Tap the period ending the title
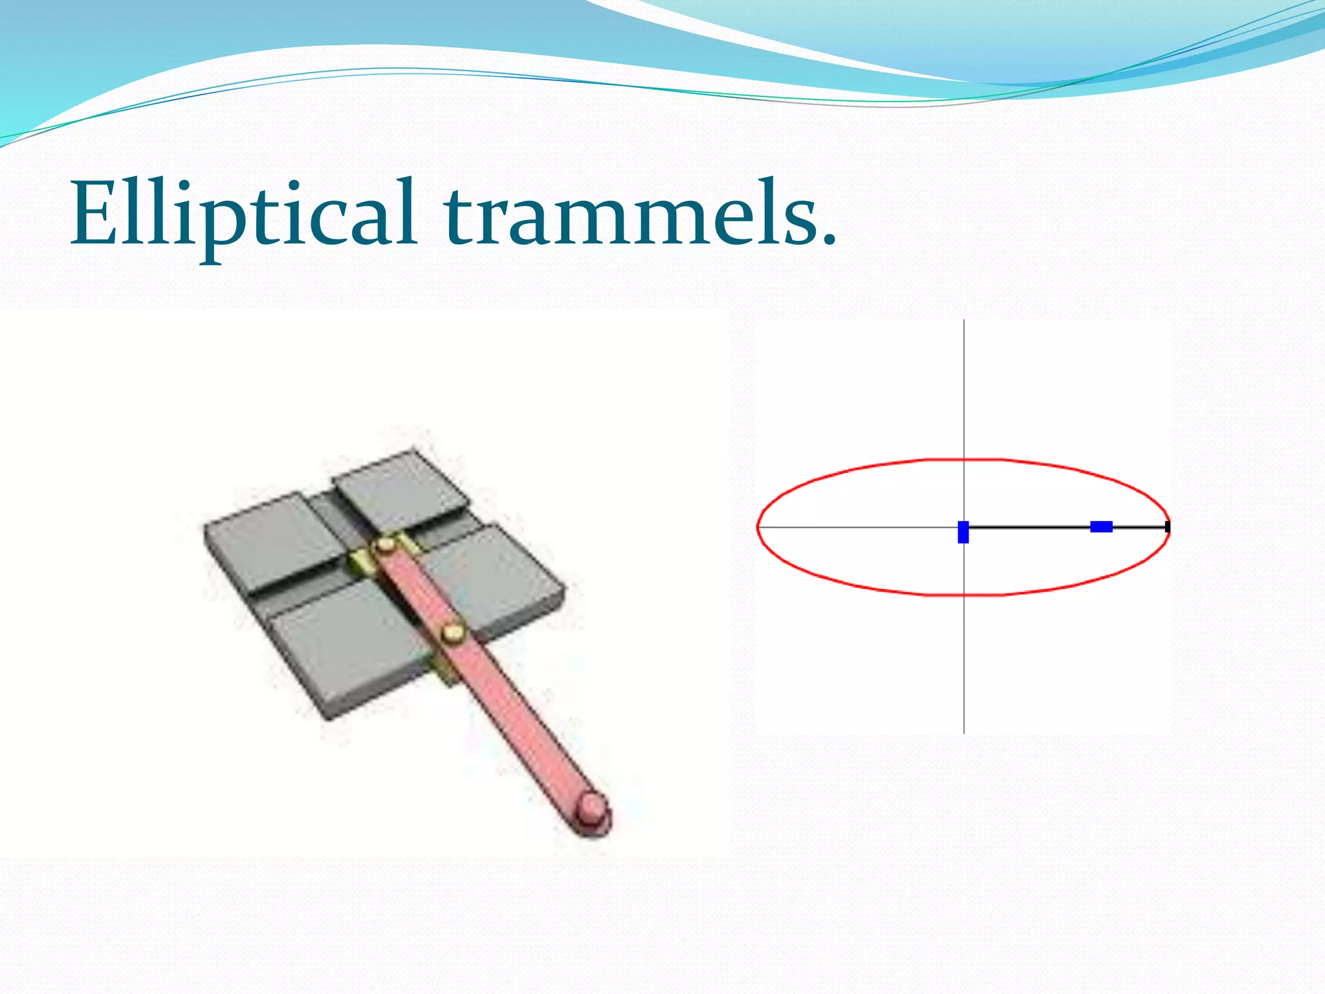pos(828,240)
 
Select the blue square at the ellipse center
pos(963,531)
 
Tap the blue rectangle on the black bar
pos(1101,527)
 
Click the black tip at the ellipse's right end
pos(1167,527)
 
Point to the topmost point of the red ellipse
pos(964,459)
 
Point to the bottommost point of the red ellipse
pos(964,594)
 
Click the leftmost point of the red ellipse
pos(758,527)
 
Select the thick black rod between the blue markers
pos(1029,527)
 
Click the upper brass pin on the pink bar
pos(386,546)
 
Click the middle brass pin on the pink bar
pos(454,632)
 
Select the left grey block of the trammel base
pos(272,537)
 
